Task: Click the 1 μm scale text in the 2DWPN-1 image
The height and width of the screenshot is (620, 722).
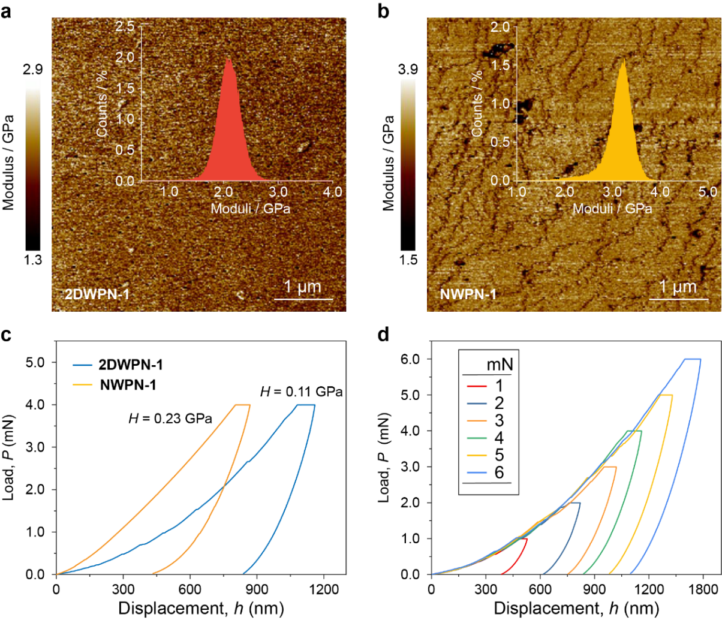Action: (x=303, y=287)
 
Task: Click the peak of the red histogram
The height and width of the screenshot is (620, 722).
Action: (x=228, y=60)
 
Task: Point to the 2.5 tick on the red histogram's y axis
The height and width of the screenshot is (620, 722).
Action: (x=126, y=27)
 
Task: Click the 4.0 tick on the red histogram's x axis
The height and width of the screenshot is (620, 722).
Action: (x=333, y=192)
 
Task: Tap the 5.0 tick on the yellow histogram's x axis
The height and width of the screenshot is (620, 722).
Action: (x=708, y=192)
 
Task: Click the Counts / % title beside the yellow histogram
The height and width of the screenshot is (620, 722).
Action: (x=477, y=104)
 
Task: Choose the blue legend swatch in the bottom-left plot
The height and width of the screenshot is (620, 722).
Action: (x=83, y=365)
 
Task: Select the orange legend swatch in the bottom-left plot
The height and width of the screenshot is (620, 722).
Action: (x=83, y=385)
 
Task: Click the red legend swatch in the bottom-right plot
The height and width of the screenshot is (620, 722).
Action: (x=477, y=386)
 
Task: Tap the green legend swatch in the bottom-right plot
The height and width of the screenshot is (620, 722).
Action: (x=477, y=438)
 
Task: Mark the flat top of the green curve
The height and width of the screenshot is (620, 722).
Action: (x=634, y=431)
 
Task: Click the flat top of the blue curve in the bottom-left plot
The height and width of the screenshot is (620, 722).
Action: (x=305, y=405)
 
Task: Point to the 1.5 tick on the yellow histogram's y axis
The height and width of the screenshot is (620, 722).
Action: (x=501, y=65)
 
